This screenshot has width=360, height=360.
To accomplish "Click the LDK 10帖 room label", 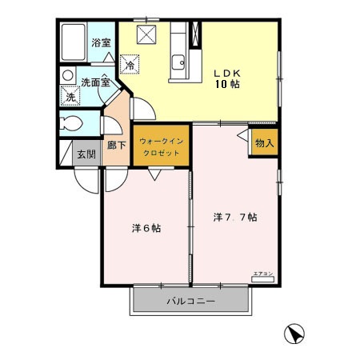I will point(229,75).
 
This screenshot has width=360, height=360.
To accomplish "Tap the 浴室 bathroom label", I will point(100,42).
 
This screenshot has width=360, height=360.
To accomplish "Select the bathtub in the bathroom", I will point(74,40).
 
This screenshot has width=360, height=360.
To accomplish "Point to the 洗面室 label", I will point(94,82).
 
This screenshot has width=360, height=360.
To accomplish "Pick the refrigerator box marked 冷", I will point(128,62).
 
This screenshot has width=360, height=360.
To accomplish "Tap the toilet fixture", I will point(70,124).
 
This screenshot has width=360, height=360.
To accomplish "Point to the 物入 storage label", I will point(264,144).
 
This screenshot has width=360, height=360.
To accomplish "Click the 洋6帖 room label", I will point(146,228).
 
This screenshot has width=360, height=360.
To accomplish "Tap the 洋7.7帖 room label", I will point(234,217).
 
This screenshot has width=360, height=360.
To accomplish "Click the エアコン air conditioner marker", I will point(263,274).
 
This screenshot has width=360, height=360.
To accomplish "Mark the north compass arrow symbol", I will point(295,333).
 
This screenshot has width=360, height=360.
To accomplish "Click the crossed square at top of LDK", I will point(147,34).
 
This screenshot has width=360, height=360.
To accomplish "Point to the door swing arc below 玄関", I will point(86,178).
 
